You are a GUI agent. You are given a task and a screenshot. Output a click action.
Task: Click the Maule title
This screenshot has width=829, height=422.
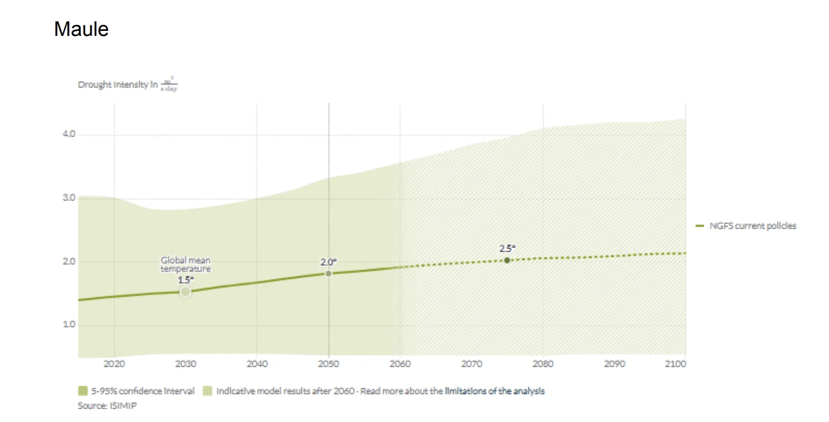(81, 29)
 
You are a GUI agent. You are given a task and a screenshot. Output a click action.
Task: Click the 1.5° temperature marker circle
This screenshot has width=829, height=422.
(185, 292)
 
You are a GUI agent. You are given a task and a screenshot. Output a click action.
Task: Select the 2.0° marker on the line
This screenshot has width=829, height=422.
(328, 273)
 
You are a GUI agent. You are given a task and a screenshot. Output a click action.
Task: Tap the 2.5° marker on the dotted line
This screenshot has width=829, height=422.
(507, 260)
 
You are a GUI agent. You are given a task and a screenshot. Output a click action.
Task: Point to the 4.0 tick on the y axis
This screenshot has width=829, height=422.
(68, 135)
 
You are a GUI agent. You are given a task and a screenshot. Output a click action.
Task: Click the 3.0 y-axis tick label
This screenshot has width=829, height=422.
(68, 198)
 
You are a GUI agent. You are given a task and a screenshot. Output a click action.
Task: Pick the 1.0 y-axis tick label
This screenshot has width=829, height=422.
(68, 324)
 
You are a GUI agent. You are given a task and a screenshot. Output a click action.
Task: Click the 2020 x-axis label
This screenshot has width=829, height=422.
(114, 364)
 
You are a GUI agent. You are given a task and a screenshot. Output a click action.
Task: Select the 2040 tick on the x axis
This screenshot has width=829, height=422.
(257, 364)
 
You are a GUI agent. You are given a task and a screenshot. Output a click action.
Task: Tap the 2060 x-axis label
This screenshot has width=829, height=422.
(400, 364)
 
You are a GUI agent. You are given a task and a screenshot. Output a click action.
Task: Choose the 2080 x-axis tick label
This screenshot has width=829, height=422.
(543, 364)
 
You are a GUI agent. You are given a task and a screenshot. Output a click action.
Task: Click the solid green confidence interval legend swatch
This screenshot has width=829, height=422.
(83, 391)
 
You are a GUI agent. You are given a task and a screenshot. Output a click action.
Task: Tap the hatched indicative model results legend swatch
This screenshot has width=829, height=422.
(207, 391)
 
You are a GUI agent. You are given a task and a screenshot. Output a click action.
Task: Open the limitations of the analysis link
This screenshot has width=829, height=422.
(495, 391)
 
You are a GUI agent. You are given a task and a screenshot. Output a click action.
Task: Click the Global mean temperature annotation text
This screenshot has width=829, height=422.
(185, 264)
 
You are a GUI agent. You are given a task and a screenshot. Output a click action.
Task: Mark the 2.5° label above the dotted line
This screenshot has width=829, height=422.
(507, 249)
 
